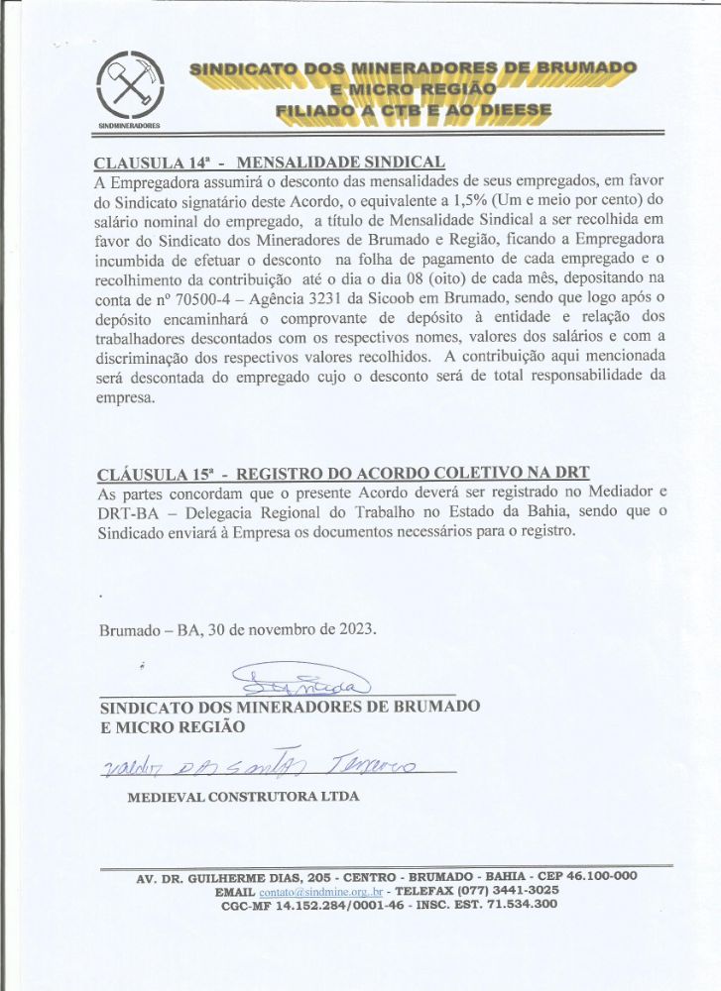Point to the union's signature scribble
click(300, 681)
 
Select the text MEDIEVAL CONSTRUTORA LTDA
click(244, 796)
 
